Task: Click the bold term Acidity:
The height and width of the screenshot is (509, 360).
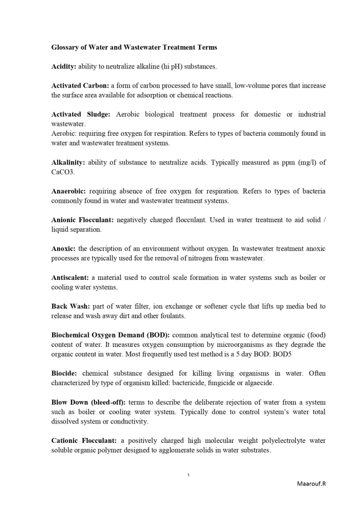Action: (x=64, y=66)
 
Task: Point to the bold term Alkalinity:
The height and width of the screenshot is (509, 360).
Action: (x=68, y=163)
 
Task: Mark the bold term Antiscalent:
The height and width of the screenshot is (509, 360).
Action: (x=69, y=277)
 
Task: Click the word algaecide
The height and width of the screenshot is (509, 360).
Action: (x=259, y=383)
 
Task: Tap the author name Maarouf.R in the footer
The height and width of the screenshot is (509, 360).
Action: (x=311, y=483)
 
